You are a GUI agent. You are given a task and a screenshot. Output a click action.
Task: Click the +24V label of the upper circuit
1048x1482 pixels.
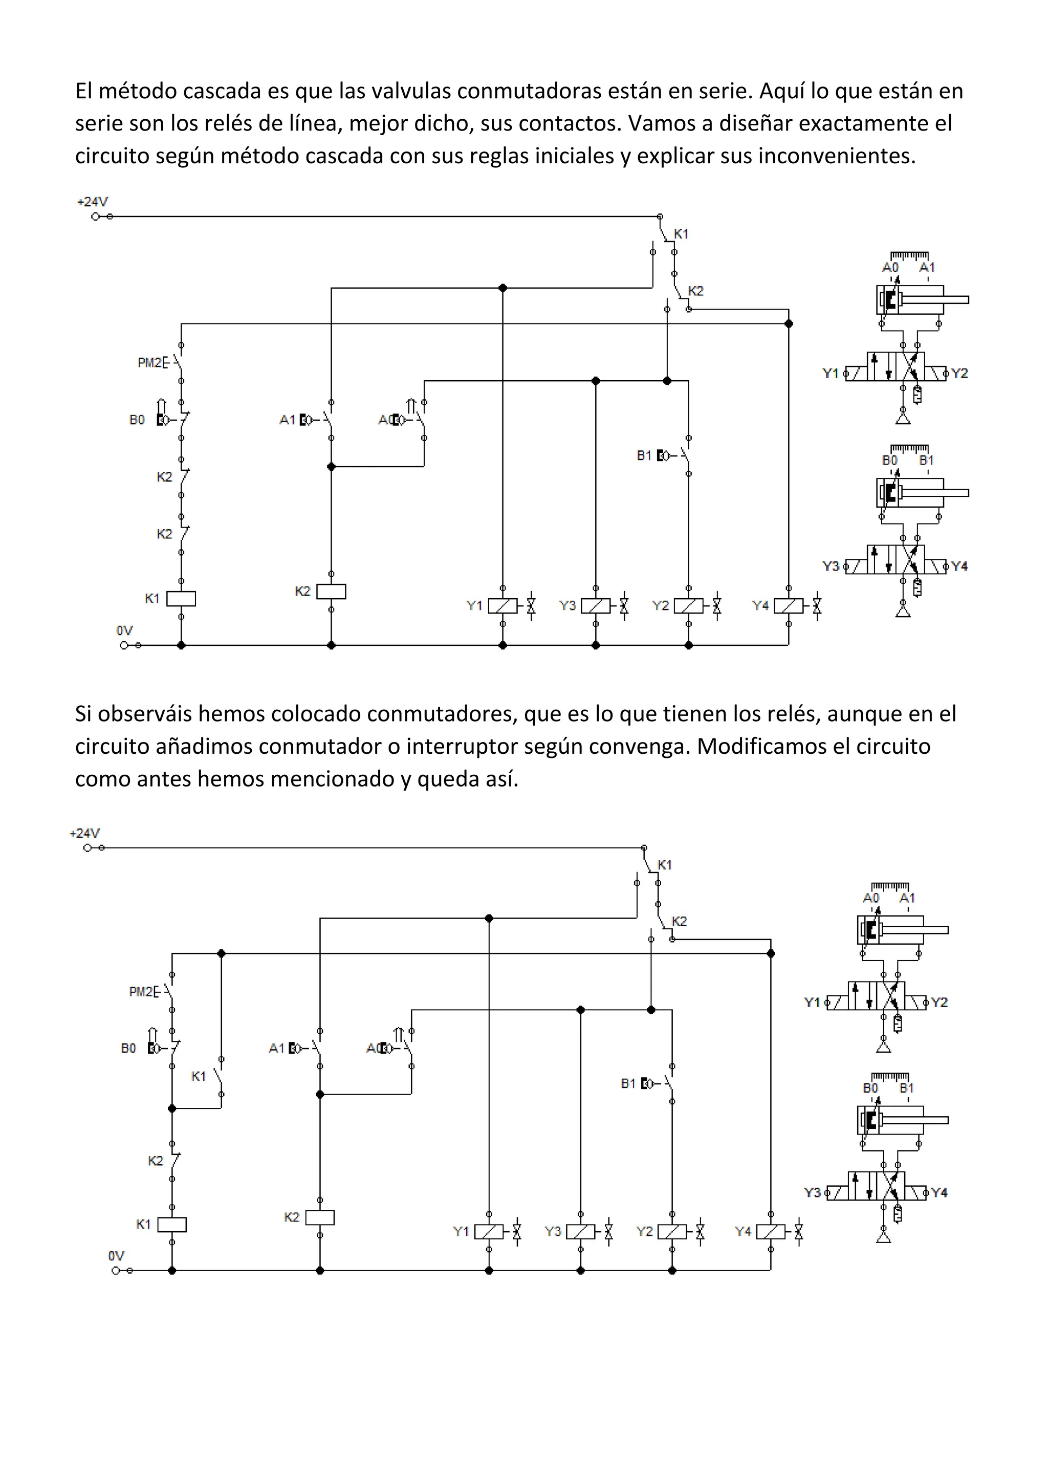pos(92,202)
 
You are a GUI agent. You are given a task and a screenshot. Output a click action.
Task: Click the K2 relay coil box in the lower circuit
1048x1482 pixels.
pos(319,1217)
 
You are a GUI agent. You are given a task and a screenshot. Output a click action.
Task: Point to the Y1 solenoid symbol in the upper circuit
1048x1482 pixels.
pos(503,605)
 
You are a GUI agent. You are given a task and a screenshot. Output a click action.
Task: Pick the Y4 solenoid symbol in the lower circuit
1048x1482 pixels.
pos(771,1232)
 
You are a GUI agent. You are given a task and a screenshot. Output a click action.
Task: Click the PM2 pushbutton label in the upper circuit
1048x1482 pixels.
pos(150,363)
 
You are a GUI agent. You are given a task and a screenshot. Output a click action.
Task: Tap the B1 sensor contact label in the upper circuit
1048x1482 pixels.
pos(644,455)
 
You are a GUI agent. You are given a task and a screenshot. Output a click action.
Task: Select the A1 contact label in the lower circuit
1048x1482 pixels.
pos(276,1048)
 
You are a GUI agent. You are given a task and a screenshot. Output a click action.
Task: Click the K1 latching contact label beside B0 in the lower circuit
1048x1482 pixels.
pos(199,1076)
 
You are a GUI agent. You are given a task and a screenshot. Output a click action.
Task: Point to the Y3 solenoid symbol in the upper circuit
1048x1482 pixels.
pos(595,605)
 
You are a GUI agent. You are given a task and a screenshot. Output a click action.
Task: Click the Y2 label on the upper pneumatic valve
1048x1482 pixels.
pos(959,374)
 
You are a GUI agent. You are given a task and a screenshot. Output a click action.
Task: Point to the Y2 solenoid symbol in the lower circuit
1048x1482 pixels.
pos(672,1232)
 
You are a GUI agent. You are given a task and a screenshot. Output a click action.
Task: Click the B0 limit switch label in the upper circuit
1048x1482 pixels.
pos(137,420)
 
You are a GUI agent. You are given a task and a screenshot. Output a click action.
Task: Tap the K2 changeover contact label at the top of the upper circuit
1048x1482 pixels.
pos(695,291)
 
